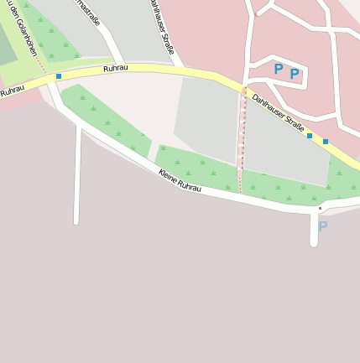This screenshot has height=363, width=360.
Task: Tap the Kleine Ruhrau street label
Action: [180, 179]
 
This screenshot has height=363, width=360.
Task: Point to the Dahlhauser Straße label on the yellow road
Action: [278, 112]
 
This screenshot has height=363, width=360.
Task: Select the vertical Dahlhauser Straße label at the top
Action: [162, 27]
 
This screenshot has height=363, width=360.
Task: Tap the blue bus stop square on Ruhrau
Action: [59, 76]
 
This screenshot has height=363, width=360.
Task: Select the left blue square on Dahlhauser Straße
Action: [310, 135]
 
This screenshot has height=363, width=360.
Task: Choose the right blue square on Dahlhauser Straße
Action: [326, 142]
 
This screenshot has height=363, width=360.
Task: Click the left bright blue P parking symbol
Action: [279, 69]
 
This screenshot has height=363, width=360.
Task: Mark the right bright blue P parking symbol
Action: [295, 74]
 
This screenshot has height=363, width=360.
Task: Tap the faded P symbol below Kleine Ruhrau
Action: [322, 226]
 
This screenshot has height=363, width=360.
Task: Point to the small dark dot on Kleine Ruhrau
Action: [320, 208]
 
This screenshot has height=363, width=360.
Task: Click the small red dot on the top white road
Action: [257, 14]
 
